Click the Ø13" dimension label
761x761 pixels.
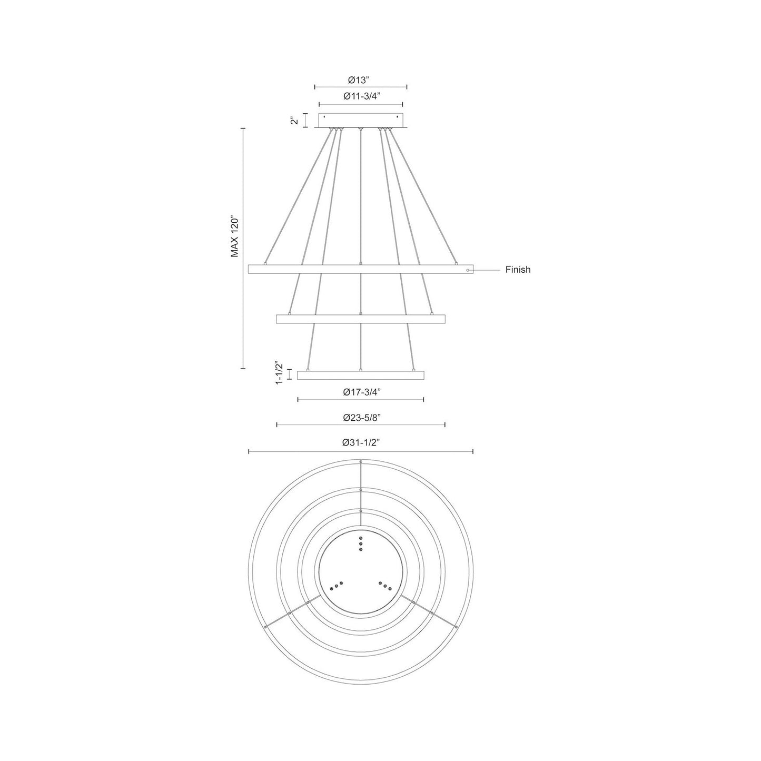point(360,80)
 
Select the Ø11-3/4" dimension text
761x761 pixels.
point(361,96)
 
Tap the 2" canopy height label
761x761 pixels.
point(295,121)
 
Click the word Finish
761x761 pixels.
point(518,270)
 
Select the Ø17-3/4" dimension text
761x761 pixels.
point(361,392)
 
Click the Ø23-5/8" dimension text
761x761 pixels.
point(361,417)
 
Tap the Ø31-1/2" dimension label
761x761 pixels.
point(361,443)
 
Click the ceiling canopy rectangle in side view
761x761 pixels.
point(361,121)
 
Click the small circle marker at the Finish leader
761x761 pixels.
point(468,270)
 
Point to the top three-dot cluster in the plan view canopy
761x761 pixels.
point(361,543)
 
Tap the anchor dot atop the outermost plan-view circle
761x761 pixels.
point(361,462)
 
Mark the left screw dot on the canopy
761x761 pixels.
point(324,117)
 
